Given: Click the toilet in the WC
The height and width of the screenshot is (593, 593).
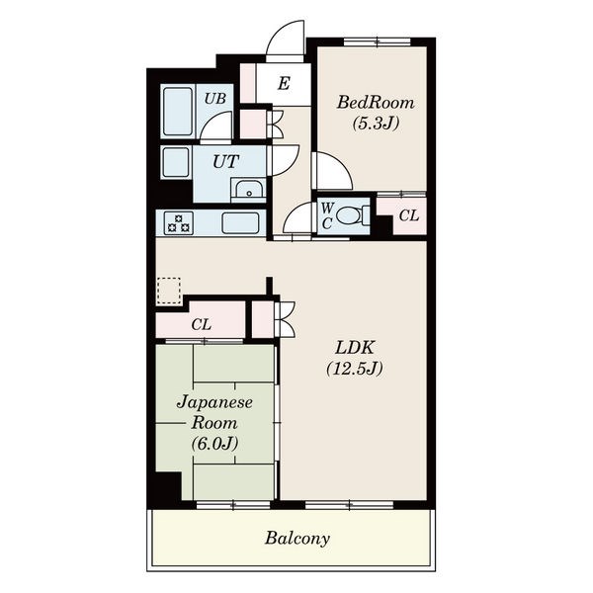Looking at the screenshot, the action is (x=353, y=215).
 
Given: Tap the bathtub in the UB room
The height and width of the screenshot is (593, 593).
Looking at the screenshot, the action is (x=178, y=112).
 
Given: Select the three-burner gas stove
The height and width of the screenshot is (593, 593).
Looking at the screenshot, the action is (x=179, y=223).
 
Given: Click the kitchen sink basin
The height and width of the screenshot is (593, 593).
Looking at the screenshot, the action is (x=240, y=223).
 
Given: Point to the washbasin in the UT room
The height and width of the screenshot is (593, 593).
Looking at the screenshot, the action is (x=248, y=190).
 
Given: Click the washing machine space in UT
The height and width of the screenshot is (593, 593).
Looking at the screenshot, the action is (x=176, y=162).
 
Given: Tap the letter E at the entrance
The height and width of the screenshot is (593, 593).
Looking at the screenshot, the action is (x=284, y=83).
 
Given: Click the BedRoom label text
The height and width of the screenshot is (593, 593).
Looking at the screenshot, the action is (x=376, y=102).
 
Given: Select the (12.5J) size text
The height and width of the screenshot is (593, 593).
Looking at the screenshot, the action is (x=355, y=368).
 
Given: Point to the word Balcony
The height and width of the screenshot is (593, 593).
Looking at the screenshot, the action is (x=297, y=539).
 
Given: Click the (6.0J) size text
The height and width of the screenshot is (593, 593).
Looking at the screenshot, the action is (x=214, y=443).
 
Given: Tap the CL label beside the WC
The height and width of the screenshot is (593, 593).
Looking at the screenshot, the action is (x=409, y=215).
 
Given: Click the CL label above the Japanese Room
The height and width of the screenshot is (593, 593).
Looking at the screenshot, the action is (x=202, y=324).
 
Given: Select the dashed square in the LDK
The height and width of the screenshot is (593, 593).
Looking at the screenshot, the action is (x=169, y=291).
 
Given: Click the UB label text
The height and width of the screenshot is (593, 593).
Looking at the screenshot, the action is (x=215, y=99).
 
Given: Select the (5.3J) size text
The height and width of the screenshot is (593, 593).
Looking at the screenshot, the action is (x=376, y=123).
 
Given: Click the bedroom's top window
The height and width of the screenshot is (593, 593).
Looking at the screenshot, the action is (x=378, y=42).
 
